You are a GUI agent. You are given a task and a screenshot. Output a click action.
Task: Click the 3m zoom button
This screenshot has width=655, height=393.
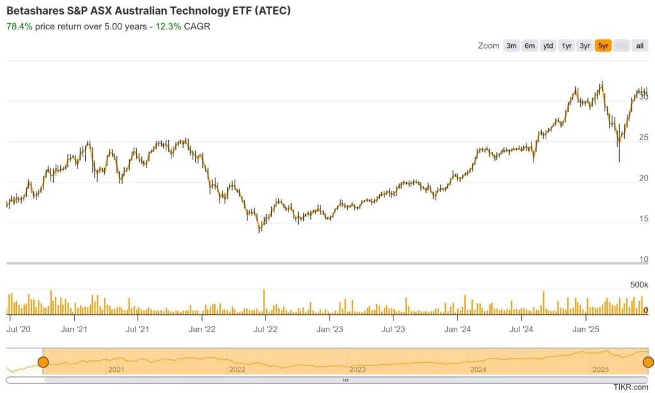pos(511,45)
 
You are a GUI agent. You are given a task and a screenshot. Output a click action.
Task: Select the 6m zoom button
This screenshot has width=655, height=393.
pos(530,45)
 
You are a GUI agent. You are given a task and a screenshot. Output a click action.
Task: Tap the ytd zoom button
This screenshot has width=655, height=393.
pos(548,45)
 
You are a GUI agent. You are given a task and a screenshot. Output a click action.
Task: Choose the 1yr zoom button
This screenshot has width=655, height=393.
pos(567,45)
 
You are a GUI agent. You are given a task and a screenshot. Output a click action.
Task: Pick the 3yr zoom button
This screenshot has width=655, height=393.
pos(585,45)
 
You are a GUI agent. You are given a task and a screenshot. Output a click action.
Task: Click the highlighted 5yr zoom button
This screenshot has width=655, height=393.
pos(603,45)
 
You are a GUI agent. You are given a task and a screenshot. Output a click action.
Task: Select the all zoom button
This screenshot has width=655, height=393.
pos(640,45)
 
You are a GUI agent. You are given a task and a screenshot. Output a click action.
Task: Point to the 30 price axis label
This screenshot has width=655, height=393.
pos(643,97)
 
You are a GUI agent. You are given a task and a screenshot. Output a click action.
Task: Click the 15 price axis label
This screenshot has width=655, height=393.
pos(643,219)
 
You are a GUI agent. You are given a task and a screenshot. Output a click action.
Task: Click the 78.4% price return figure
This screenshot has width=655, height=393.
pos(19,26)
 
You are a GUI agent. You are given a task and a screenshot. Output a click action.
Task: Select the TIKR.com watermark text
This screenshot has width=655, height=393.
pos(631,387)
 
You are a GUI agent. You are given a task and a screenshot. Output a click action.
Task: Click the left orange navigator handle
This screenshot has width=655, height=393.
pos(43,362)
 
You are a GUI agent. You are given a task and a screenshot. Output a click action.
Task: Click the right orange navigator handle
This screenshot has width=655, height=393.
pos(648,362)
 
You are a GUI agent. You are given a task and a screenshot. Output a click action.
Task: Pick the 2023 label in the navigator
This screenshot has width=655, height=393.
pos(358,370)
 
